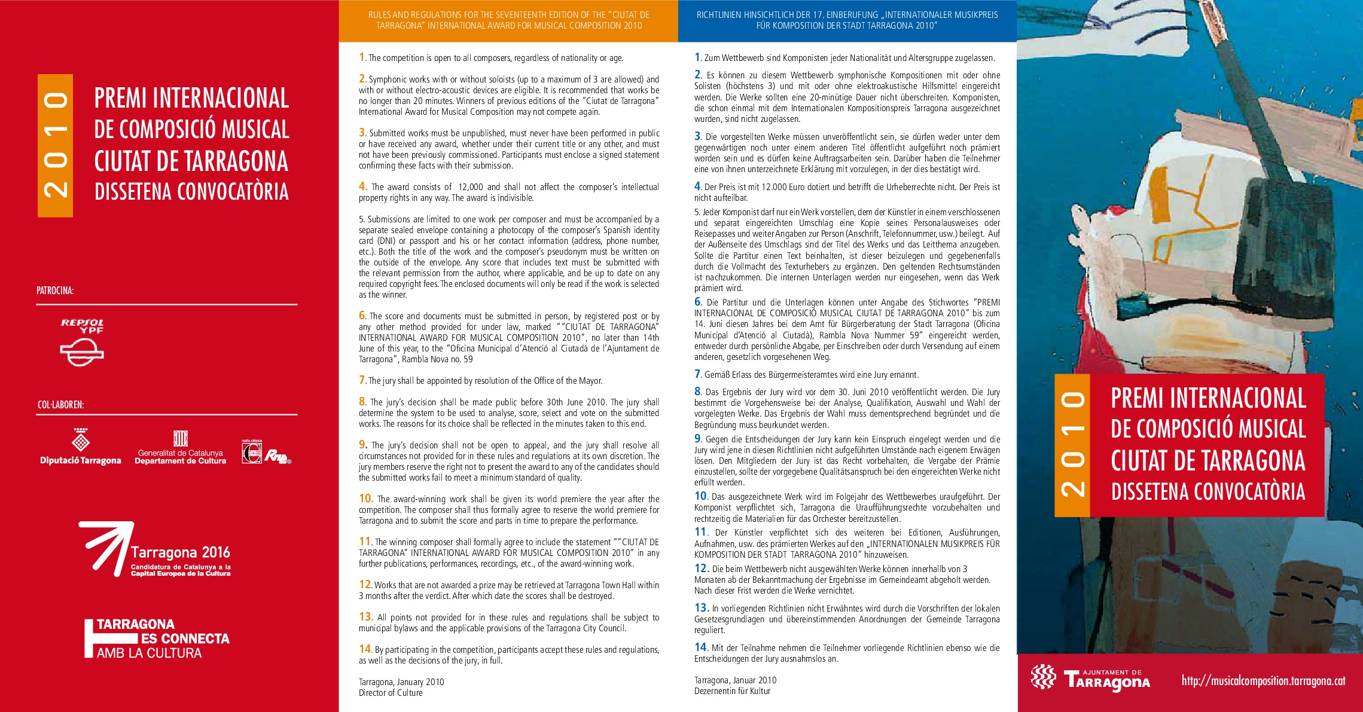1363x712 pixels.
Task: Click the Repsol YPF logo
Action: click(82, 342)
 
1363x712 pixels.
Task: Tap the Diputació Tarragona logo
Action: click(80, 447)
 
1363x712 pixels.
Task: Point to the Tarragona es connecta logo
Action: click(157, 639)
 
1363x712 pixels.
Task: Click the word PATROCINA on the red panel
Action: click(55, 291)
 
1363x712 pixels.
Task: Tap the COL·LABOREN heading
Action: click(60, 405)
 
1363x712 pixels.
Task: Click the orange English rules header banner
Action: click(508, 20)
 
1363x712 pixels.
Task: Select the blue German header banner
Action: click(847, 20)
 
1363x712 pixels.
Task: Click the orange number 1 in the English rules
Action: click(362, 57)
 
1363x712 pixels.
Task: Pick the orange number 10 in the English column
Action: click(365, 499)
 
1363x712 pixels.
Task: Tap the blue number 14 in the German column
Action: click(700, 647)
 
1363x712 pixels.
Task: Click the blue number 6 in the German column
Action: click(697, 302)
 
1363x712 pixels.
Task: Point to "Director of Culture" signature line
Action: click(391, 693)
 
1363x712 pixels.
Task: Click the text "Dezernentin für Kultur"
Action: click(732, 691)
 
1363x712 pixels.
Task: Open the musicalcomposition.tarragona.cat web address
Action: click(1263, 680)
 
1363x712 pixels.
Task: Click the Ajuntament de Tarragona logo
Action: click(1090, 679)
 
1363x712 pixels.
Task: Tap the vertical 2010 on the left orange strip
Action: click(55, 145)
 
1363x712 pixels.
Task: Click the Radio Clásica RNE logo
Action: click(266, 453)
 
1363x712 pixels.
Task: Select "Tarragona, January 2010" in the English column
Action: click(401, 682)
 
